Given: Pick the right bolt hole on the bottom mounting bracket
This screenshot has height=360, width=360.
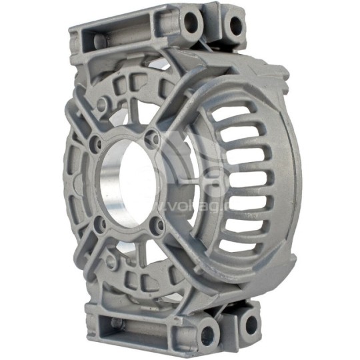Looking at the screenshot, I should [249, 325].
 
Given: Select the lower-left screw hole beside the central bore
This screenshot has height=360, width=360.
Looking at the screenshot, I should [99, 223].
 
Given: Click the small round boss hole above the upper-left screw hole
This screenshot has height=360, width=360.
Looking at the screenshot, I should [101, 105].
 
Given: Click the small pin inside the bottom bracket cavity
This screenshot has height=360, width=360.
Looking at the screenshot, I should [117, 323].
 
